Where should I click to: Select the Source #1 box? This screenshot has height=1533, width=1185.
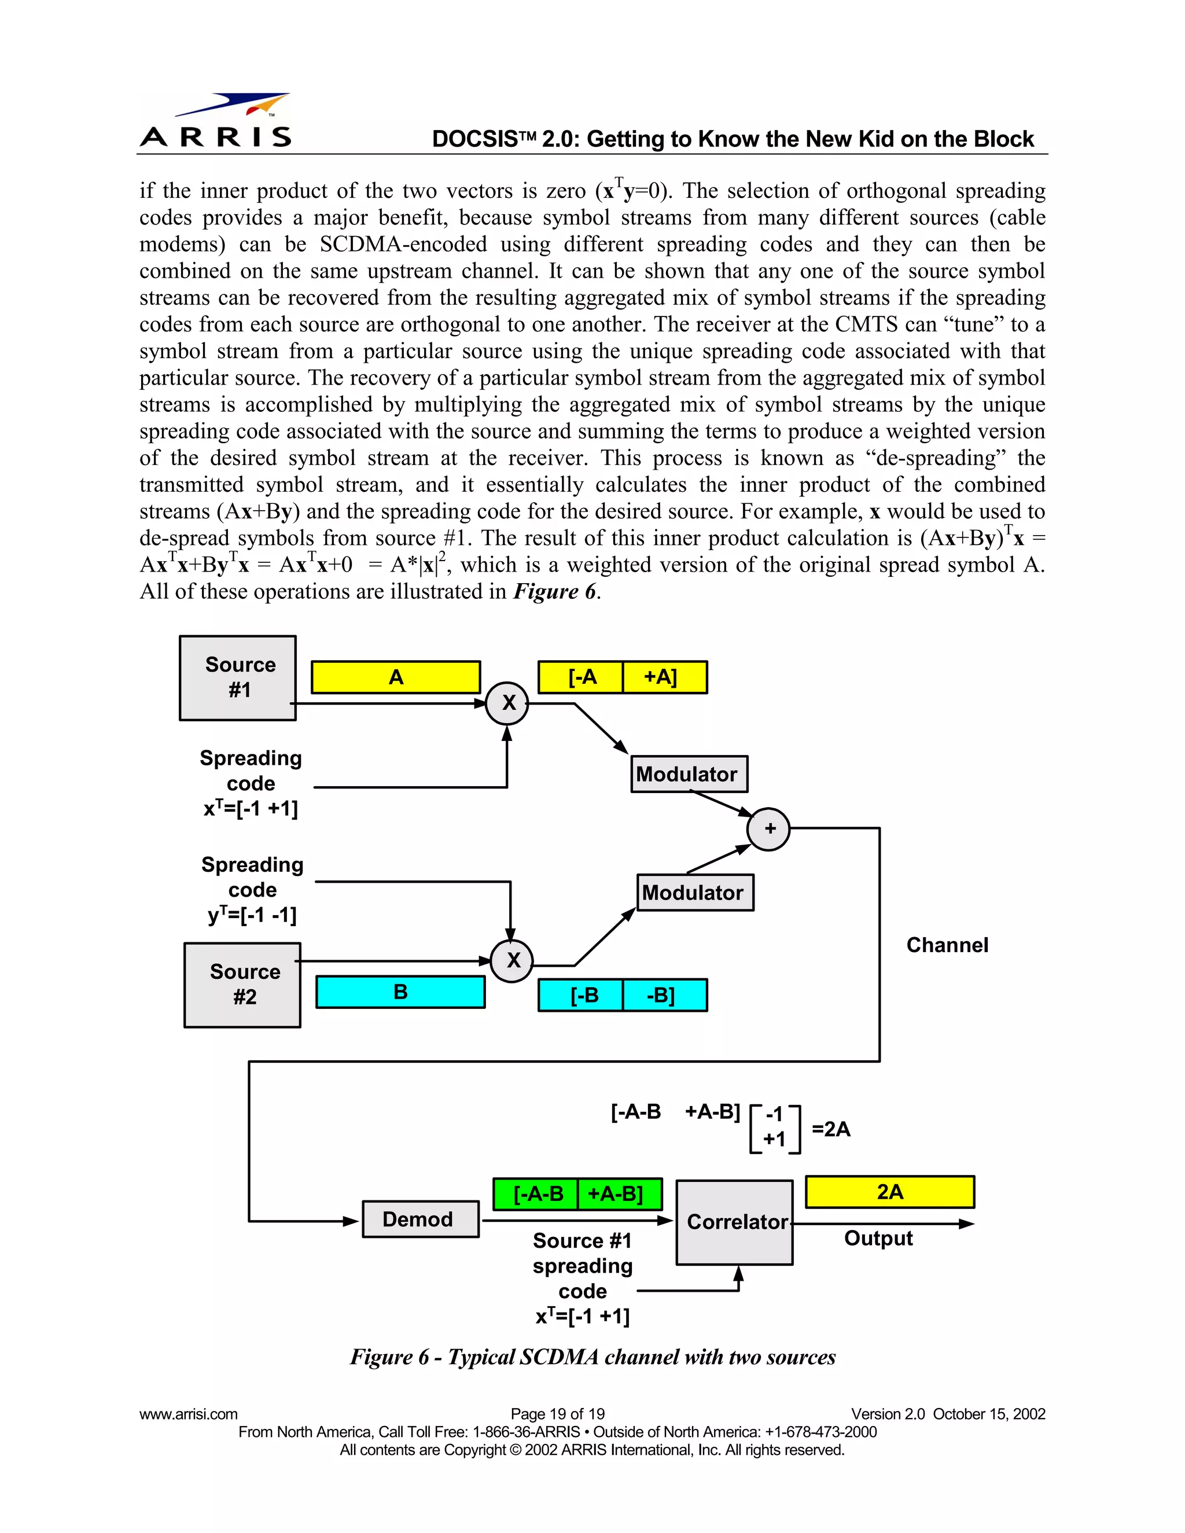click(237, 677)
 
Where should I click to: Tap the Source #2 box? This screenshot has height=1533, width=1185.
click(242, 984)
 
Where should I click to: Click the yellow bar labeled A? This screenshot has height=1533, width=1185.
click(396, 677)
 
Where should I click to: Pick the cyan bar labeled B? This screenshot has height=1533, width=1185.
click(400, 992)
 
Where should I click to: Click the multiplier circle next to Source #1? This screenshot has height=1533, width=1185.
click(507, 703)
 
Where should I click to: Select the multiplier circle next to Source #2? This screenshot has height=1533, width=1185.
click(511, 960)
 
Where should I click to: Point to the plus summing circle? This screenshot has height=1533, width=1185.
click(769, 829)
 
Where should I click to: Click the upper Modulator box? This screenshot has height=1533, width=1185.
click(689, 774)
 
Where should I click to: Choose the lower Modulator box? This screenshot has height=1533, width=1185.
click(695, 893)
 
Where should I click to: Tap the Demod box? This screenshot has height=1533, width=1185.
click(420, 1219)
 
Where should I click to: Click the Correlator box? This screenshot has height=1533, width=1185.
click(734, 1222)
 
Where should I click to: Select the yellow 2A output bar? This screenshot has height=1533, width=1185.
click(889, 1192)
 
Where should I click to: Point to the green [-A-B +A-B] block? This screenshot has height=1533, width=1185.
click(577, 1194)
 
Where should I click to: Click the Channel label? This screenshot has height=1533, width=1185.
click(947, 945)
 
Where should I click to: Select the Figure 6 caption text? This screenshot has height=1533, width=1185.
click(592, 1357)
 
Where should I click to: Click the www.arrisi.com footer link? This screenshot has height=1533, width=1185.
click(188, 1414)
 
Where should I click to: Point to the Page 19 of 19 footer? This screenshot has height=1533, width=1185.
click(557, 1414)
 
